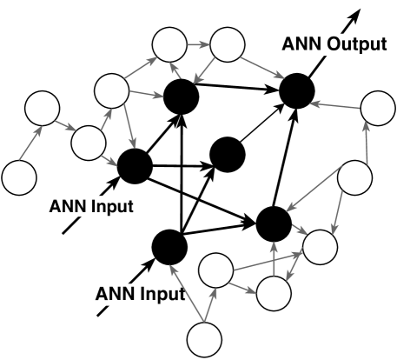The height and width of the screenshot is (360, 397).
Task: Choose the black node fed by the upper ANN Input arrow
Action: click(135, 166)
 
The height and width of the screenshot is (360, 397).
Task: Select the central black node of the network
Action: click(226, 154)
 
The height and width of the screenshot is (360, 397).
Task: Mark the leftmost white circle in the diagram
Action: click(18, 177)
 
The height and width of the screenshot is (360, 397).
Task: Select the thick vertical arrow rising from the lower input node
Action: click(180, 165)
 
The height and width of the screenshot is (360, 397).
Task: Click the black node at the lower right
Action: click(274, 223)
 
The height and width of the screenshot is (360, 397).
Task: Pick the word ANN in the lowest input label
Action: click(116, 293)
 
